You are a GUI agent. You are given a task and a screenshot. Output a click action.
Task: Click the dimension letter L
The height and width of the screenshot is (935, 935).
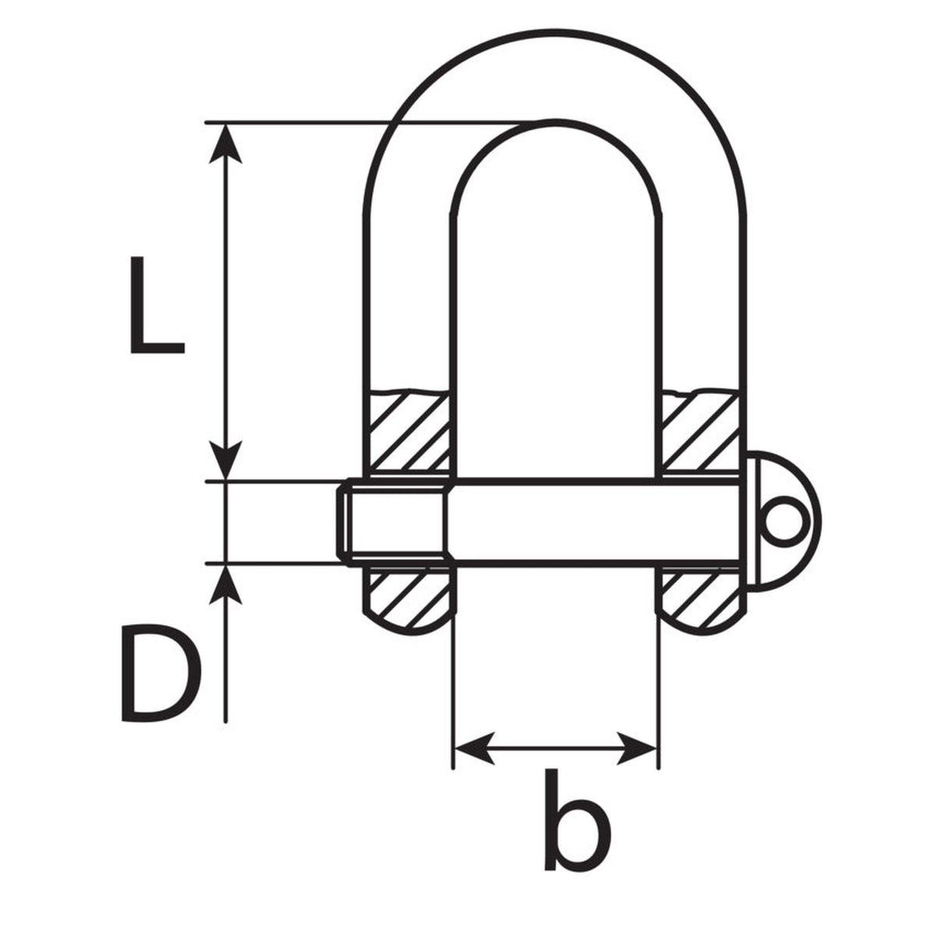pos(157,305)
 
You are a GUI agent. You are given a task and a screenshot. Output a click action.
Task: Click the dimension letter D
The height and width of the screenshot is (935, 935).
pos(161,673)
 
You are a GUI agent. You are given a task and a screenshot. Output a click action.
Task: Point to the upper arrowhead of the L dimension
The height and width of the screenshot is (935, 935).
pos(225,143)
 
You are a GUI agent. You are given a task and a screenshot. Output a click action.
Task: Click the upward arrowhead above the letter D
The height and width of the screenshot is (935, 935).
pos(225,584)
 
